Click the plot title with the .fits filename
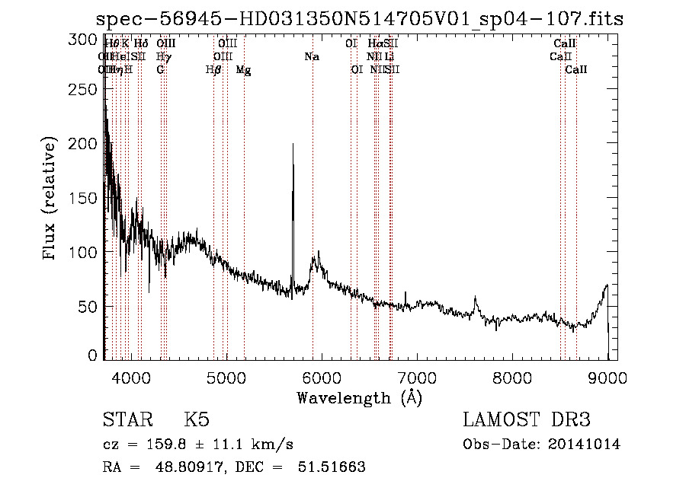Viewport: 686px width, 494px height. (360, 19)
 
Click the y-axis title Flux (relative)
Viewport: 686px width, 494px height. (50, 199)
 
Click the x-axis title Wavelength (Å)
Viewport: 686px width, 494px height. (359, 397)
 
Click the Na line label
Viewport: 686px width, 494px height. (312, 56)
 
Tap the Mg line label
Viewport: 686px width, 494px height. (243, 69)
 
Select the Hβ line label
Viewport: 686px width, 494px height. (213, 69)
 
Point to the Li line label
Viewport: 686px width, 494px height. (389, 56)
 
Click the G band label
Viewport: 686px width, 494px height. (160, 69)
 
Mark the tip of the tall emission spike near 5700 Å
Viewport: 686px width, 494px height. (293, 144)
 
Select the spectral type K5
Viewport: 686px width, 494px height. (197, 420)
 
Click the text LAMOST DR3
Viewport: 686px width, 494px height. (526, 420)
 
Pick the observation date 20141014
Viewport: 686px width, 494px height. (583, 445)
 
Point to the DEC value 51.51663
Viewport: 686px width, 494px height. (331, 467)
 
